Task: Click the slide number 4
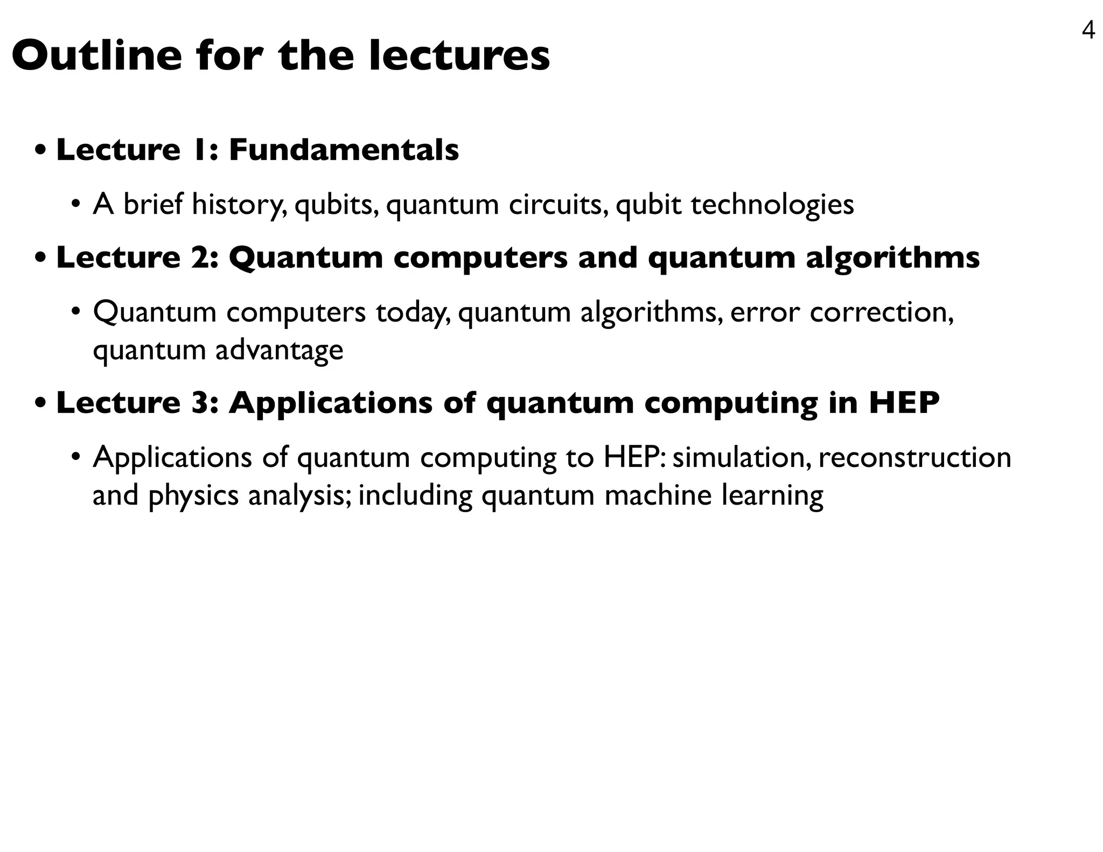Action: tap(1088, 31)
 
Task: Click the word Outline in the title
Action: tap(97, 56)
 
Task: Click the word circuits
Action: tap(559, 205)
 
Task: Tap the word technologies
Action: tap(772, 205)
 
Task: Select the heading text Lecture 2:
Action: tap(137, 257)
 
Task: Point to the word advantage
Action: tap(279, 350)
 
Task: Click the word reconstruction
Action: tap(914, 457)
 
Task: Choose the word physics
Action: tap(193, 495)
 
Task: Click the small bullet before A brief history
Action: tap(76, 205)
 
